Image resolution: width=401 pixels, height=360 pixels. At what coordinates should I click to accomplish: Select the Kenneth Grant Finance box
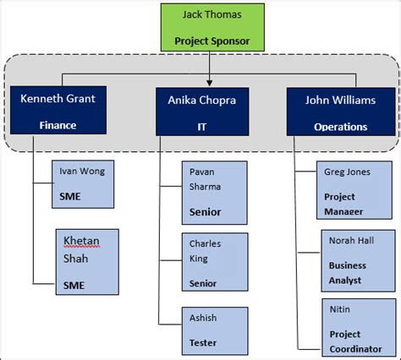(x=58, y=111)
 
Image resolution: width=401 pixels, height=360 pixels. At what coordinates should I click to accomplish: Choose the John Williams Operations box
(x=341, y=111)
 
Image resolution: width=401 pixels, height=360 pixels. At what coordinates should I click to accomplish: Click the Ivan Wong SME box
(x=82, y=184)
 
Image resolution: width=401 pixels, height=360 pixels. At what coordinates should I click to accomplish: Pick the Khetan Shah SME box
(x=86, y=263)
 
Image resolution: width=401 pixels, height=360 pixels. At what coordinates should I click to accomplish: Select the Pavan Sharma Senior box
(x=214, y=193)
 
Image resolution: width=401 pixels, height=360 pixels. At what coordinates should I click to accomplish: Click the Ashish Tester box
(x=214, y=330)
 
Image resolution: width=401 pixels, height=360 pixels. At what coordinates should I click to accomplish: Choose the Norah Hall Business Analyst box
(x=356, y=260)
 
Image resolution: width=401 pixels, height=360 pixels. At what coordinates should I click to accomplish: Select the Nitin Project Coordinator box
(x=356, y=327)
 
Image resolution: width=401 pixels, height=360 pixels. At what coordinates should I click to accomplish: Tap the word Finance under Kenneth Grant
(x=58, y=126)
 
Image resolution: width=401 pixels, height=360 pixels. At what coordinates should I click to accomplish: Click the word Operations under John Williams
(x=341, y=127)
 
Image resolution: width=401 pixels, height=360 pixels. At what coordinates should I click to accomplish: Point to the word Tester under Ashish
(x=203, y=342)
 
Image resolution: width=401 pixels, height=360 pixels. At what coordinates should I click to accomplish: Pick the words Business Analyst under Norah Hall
(x=348, y=272)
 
